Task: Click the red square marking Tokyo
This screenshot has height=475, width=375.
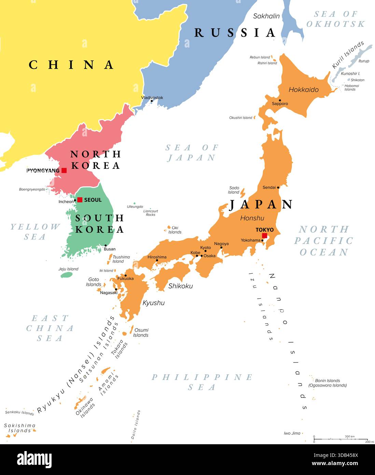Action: pyautogui.click(x=264, y=235)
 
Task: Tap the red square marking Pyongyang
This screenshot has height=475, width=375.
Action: pyautogui.click(x=64, y=170)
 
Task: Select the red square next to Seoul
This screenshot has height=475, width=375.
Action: pyautogui.click(x=80, y=200)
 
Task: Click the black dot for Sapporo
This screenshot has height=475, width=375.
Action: pyautogui.click(x=280, y=100)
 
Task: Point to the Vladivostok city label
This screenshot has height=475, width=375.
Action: pyautogui.click(x=152, y=97)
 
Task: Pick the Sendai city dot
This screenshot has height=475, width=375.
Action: pyautogui.click(x=278, y=187)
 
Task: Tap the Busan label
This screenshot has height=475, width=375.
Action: pyautogui.click(x=110, y=249)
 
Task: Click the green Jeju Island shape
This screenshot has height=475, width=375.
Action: pyautogui.click(x=67, y=274)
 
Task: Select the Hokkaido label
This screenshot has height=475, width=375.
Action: pyautogui.click(x=303, y=90)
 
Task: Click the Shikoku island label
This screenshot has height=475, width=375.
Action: pyautogui.click(x=180, y=286)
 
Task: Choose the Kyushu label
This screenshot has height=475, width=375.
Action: pyautogui.click(x=153, y=303)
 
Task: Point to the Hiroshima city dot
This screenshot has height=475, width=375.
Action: pyautogui.click(x=157, y=260)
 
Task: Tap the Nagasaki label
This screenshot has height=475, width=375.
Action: pyautogui.click(x=109, y=293)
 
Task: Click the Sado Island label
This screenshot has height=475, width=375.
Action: pyautogui.click(x=234, y=190)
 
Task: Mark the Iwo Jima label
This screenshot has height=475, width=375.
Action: pyautogui.click(x=292, y=433)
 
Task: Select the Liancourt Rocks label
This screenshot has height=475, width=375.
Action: pyautogui.click(x=151, y=213)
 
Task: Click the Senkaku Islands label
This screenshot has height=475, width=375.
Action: pyautogui.click(x=19, y=413)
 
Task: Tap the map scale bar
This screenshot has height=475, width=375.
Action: pyautogui.click(x=341, y=439)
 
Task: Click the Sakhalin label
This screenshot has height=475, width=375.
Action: pyautogui.click(x=266, y=16)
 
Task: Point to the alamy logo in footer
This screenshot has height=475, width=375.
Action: pyautogui.click(x=34, y=460)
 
